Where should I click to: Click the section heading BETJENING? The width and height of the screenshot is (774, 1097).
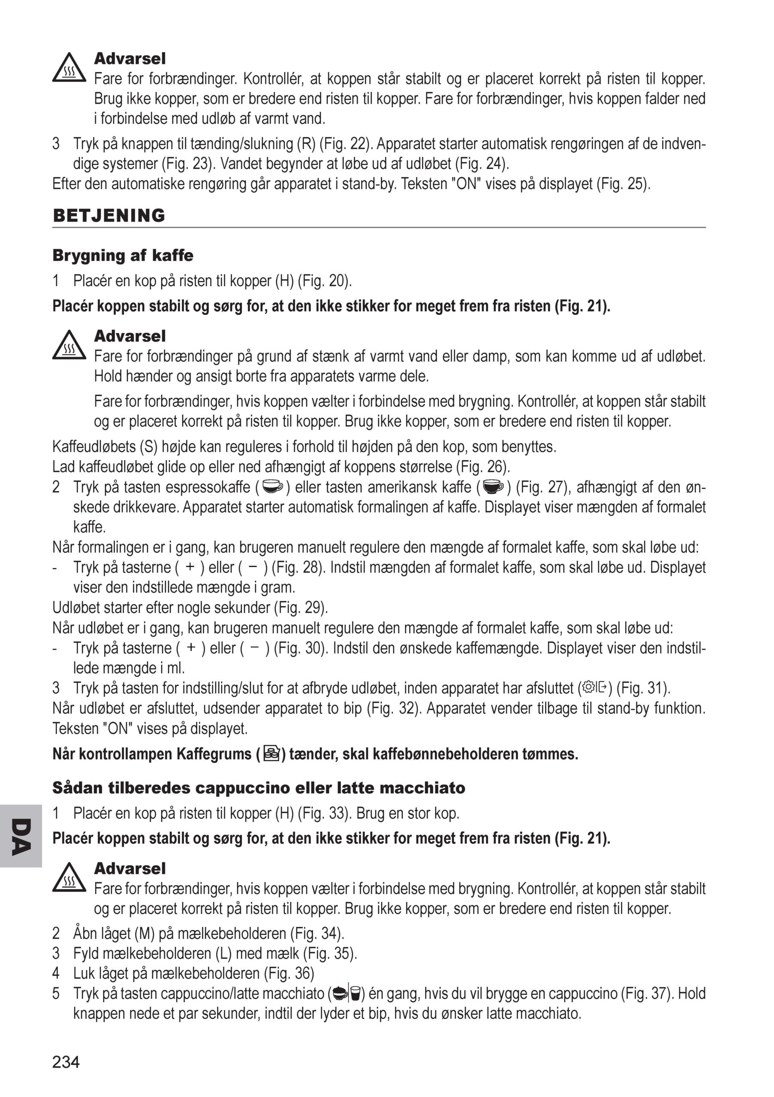108,216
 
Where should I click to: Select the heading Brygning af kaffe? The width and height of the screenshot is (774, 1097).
123,256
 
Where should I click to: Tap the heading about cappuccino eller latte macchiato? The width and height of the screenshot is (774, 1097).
258,788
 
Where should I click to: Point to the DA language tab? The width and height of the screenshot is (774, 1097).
21,837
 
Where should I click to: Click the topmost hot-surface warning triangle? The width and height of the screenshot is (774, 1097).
69,68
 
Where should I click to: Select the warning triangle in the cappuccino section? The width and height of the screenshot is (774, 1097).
69,878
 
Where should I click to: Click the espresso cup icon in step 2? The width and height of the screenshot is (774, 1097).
273,487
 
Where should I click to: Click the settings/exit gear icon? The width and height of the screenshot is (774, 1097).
595,687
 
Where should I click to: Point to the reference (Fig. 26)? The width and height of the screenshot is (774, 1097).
483,466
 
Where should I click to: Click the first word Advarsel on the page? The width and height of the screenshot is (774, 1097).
130,59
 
